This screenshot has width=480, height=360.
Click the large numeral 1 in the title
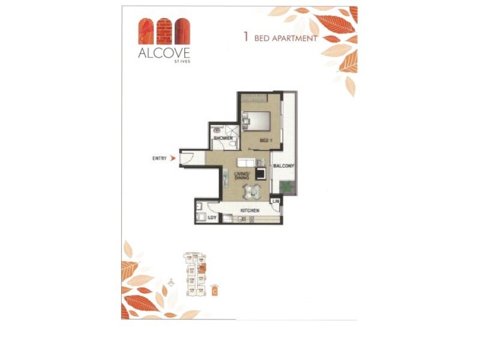pos(246,37)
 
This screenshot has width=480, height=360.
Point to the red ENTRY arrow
pos(173,158)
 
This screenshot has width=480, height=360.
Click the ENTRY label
pos(160,158)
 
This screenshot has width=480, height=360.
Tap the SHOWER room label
pos(222,138)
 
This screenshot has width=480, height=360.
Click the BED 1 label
pos(266,140)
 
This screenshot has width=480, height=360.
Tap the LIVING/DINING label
pos(242,176)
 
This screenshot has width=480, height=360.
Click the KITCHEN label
pos(250,211)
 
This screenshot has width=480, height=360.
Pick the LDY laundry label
pos(211,218)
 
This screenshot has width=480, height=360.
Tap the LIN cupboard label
pos(277,202)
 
